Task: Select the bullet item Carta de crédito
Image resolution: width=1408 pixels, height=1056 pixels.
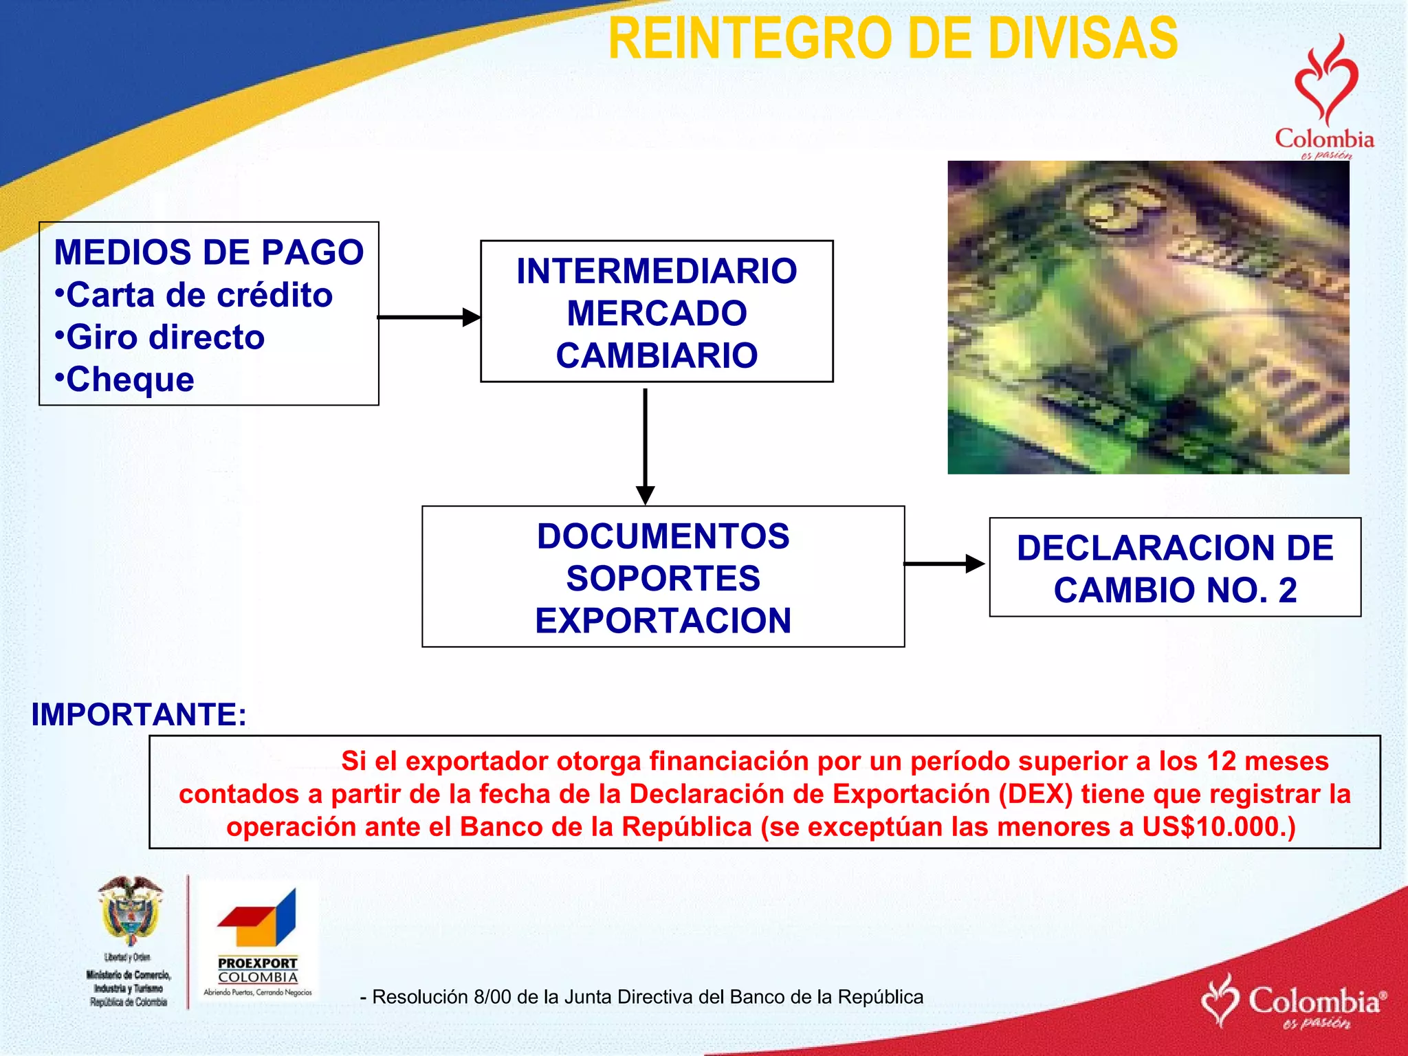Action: (x=194, y=296)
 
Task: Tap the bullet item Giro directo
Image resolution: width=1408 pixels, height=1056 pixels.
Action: (x=159, y=338)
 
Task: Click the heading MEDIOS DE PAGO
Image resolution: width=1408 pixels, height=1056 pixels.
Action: (x=208, y=252)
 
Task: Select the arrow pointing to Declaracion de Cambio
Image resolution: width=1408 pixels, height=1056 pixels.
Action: (x=944, y=564)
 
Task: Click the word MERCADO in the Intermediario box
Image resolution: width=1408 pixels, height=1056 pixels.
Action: (x=657, y=313)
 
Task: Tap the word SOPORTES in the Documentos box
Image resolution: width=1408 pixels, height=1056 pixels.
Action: (x=663, y=578)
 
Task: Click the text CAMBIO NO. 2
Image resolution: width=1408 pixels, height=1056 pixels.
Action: (x=1175, y=591)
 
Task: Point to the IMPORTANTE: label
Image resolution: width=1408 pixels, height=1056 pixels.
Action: (x=139, y=714)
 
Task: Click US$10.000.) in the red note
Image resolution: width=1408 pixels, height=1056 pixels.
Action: (x=1218, y=826)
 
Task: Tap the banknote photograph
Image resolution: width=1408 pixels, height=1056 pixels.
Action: (x=1147, y=317)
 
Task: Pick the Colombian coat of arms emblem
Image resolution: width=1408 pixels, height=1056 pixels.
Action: (x=131, y=911)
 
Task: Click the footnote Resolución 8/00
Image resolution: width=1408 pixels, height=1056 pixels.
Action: (x=641, y=997)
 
